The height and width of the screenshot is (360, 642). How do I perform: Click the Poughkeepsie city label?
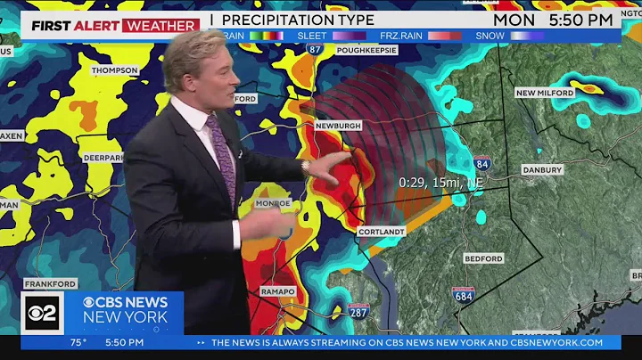(x=366, y=50)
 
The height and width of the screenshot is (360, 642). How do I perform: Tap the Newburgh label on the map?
(x=338, y=127)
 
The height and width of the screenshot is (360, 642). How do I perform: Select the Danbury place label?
(x=542, y=169)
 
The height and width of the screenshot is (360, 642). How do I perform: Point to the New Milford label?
(x=543, y=93)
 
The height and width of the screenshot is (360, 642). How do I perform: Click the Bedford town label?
(x=484, y=258)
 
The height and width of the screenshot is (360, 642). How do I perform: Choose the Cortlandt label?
(x=382, y=232)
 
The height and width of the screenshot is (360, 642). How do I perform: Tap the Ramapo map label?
(x=277, y=291)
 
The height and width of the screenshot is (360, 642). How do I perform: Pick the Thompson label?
(x=115, y=70)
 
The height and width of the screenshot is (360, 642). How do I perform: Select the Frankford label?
(x=51, y=284)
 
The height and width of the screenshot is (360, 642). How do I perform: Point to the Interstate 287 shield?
(x=359, y=310)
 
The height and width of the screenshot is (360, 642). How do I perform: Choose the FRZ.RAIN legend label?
(x=400, y=36)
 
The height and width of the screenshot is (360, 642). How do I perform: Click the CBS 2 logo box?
(x=42, y=312)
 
